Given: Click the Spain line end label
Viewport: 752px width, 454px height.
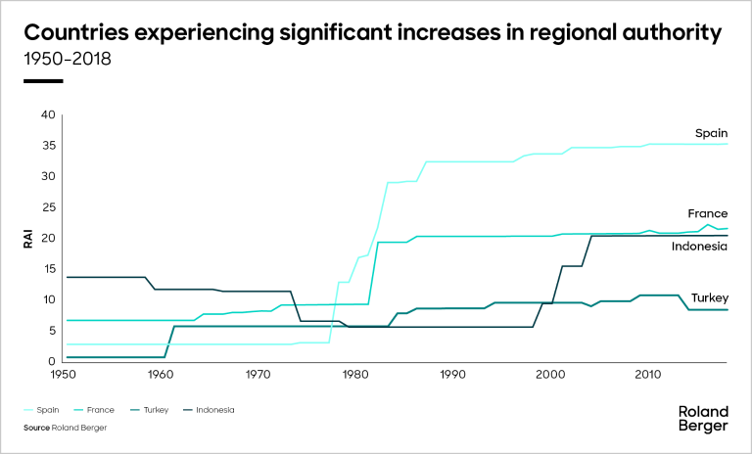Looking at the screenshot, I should tap(711, 132).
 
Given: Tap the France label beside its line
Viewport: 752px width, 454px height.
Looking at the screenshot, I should tap(708, 213).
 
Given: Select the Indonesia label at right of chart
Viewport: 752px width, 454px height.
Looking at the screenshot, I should tap(699, 247).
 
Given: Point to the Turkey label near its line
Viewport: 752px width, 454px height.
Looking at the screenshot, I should tap(707, 296).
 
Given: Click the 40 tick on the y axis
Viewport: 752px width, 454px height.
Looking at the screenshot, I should tap(49, 114).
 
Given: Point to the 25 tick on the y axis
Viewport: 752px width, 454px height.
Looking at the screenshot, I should tap(49, 207).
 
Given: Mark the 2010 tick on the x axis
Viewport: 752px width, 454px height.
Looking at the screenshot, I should tap(646, 374).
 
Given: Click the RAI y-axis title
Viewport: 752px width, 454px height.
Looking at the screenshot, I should tap(29, 239).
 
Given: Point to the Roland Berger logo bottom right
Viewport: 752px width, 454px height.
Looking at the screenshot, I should tap(703, 419).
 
